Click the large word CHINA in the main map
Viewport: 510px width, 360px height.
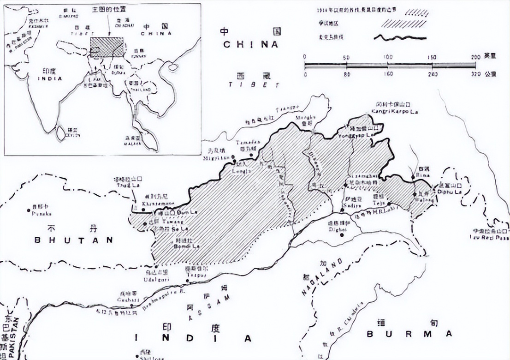[251, 45]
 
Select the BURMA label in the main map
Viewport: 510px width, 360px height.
[409, 334]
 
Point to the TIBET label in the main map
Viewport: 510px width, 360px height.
[254, 85]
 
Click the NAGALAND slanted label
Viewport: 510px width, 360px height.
[323, 277]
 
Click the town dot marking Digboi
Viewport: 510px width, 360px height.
[342, 235]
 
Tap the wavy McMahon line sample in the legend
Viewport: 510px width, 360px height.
[399, 38]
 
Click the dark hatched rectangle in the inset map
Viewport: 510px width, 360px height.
[107, 48]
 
